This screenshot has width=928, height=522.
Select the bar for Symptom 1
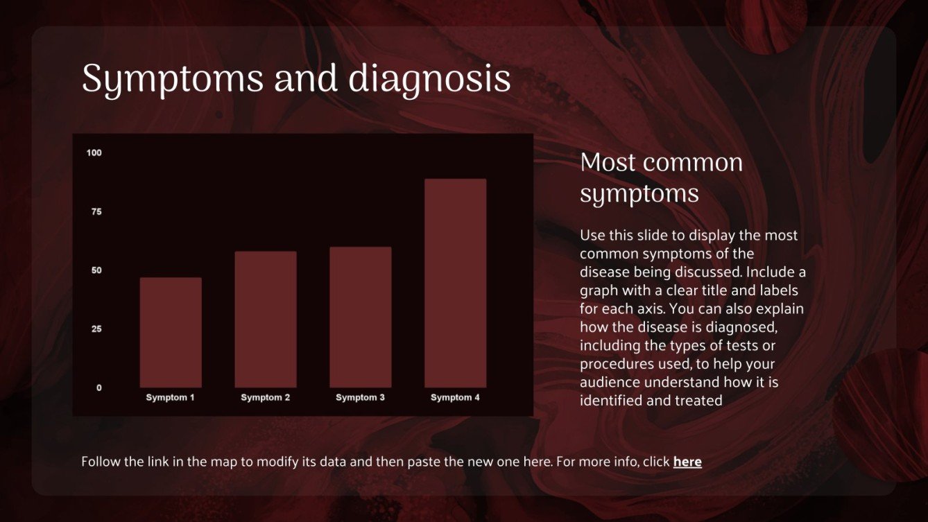[x=171, y=333]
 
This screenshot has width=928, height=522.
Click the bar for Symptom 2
[x=266, y=320]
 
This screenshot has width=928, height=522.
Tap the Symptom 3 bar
[x=361, y=317]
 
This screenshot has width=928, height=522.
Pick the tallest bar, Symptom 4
[x=455, y=283]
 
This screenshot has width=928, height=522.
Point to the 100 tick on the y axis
[x=94, y=153]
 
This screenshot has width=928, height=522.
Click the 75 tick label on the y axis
[x=96, y=211]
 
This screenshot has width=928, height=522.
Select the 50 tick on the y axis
[x=96, y=270]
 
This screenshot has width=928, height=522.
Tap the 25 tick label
[x=96, y=329]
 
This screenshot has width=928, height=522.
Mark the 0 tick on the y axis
[x=98, y=388]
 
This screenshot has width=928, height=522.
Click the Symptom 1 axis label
[x=171, y=398]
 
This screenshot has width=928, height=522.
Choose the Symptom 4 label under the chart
[x=455, y=398]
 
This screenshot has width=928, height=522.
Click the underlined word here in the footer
[x=687, y=462]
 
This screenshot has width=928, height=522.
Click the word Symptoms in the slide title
[x=173, y=80]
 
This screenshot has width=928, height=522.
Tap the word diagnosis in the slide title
[x=429, y=80]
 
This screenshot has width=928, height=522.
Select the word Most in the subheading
[x=605, y=163]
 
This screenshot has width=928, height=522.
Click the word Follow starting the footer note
[x=101, y=462]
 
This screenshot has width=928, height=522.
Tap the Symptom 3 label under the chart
[x=361, y=398]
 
